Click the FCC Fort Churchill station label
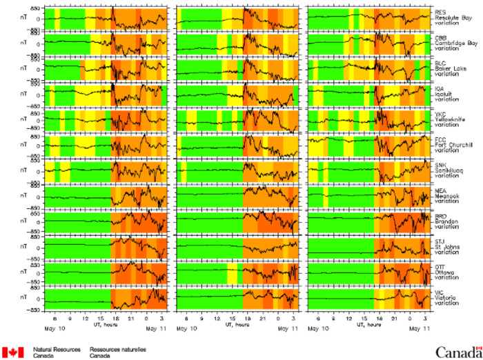[x=452, y=143]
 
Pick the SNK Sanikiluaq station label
[x=449, y=168]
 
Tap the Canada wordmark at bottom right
[x=456, y=352]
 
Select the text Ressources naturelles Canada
[x=113, y=352]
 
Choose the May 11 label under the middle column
[x=290, y=320]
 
